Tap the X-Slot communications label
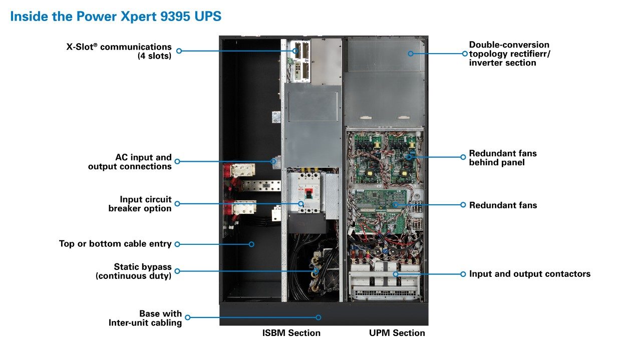point(119,52)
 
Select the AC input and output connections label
point(130,162)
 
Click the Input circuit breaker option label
point(140,204)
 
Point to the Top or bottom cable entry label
point(115,244)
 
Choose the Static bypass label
point(134,271)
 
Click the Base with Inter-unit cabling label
point(145,318)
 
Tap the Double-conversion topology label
point(509,54)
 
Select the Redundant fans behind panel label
point(503,158)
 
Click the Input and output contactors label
point(530,274)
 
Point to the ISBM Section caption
point(291,333)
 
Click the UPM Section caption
point(397,333)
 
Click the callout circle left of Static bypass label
point(177,271)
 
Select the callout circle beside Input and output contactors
point(463,274)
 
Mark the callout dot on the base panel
point(318,317)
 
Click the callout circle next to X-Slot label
point(179,51)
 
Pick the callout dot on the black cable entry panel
point(252,244)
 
